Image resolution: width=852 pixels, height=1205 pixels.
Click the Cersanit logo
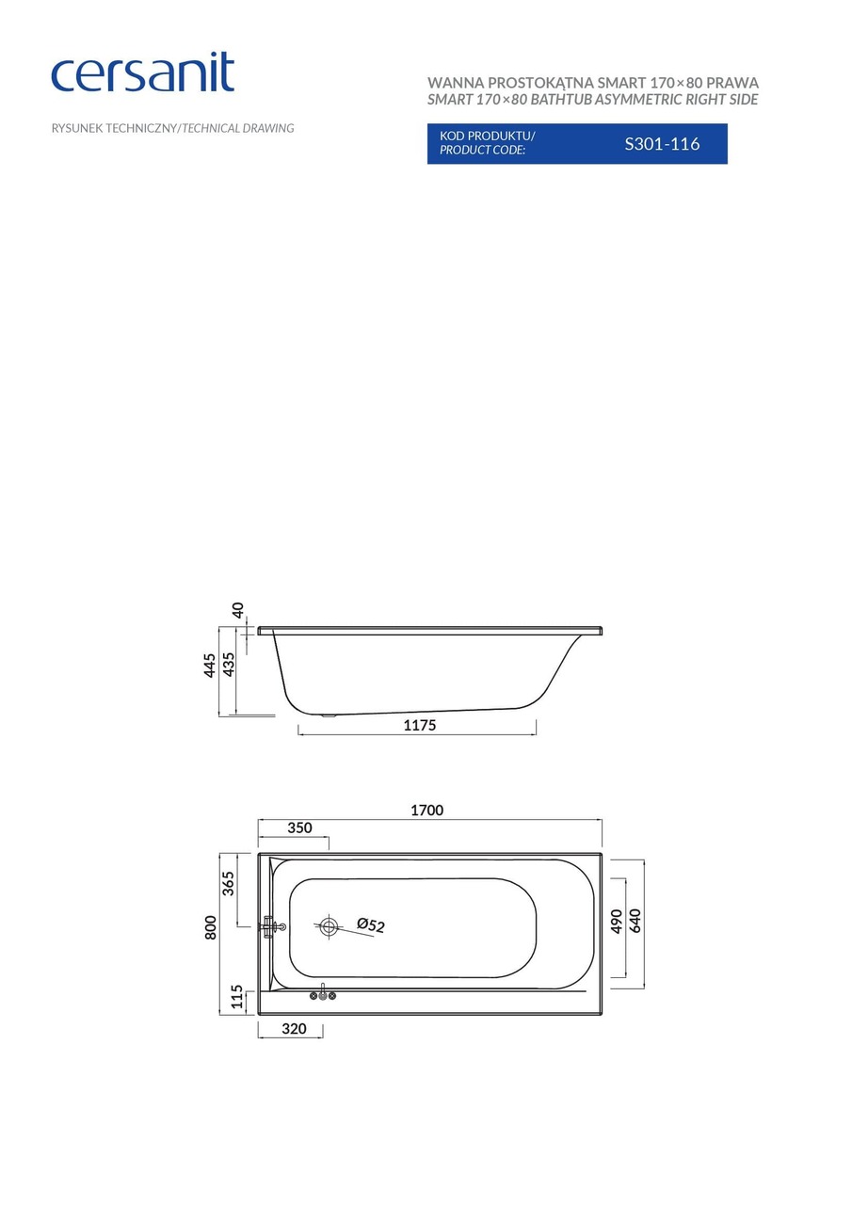[142, 73]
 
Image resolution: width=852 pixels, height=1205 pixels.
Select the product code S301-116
[662, 144]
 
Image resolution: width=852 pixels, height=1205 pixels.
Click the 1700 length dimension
[426, 810]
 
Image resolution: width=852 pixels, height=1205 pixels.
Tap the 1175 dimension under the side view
[420, 725]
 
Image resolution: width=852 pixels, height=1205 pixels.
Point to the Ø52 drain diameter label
[371, 926]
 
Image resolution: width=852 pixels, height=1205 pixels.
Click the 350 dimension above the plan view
[298, 828]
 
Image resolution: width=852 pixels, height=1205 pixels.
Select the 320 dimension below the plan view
[294, 1029]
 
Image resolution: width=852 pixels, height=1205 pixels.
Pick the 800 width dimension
[211, 926]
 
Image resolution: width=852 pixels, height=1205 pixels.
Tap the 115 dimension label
[237, 996]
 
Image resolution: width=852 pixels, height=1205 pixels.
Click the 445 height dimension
[210, 665]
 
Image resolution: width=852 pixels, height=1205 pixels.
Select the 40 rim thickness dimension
[238, 610]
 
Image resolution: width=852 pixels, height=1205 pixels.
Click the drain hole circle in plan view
[329, 926]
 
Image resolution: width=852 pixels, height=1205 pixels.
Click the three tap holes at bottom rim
[323, 995]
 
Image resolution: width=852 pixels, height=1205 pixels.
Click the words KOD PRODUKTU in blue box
[487, 136]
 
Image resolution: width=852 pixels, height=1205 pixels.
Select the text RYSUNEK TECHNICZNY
[114, 128]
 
